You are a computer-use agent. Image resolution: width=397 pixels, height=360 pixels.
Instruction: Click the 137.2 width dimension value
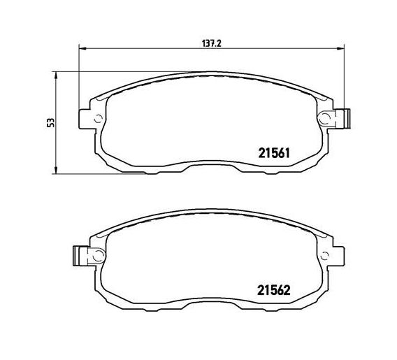pos(212,43)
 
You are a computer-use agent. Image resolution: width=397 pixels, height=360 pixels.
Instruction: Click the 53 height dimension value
pos(51,122)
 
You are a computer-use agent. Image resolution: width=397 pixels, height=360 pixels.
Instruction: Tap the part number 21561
pos(274,153)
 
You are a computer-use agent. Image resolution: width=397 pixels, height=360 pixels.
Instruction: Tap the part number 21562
pos(274,290)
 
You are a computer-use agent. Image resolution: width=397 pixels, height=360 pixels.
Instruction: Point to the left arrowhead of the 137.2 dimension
pos(83,49)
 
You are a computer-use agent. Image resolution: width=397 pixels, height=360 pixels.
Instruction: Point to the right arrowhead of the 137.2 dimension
pos(340,49)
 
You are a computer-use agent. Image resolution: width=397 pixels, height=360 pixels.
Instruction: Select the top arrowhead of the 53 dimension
pos(56,75)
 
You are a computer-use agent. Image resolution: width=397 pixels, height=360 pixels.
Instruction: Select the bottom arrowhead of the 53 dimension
pos(56,170)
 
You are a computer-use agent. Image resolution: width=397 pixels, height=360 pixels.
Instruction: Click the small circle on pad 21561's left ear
pos(98,118)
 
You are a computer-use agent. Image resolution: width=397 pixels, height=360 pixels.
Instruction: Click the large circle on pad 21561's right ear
pos(324,118)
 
